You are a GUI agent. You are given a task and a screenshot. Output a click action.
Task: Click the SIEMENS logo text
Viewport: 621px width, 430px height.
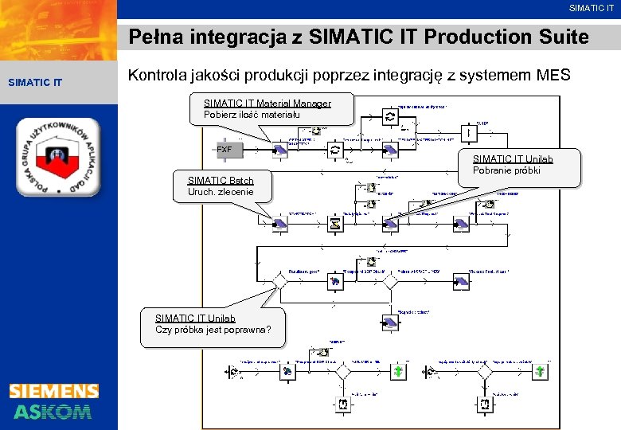click(54, 391)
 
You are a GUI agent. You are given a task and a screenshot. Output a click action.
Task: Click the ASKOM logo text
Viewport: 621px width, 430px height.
click(53, 412)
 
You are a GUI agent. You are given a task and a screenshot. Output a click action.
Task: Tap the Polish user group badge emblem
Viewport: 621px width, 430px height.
click(58, 157)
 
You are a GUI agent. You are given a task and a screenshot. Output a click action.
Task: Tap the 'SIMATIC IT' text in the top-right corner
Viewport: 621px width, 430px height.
click(591, 8)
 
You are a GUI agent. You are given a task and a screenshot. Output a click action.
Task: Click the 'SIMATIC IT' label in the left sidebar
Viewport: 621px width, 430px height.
click(34, 82)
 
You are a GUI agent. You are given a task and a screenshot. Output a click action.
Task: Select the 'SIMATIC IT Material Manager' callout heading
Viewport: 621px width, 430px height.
click(267, 104)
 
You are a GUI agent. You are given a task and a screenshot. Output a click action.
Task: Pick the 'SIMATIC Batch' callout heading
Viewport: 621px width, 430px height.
click(220, 181)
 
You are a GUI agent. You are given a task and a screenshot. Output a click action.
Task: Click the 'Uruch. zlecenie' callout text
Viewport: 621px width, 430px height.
click(221, 192)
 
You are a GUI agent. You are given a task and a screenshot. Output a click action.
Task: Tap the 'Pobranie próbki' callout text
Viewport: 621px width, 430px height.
click(506, 170)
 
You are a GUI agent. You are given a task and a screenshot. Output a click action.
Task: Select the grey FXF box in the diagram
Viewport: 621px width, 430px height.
click(225, 150)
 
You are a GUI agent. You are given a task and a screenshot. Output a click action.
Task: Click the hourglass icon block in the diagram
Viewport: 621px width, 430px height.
click(335, 224)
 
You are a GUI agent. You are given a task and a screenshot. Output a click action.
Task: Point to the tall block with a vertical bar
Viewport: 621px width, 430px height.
click(471, 133)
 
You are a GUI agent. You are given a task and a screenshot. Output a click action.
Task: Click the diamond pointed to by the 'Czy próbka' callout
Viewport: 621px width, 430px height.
click(279, 282)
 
